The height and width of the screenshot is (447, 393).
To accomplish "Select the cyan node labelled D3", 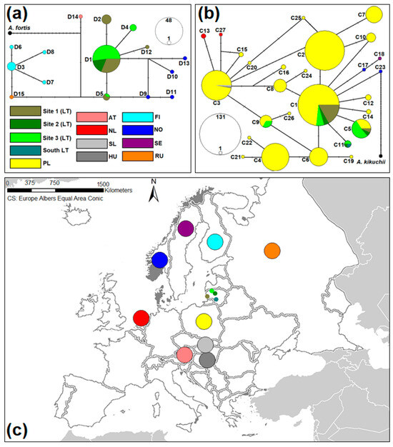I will [x=11, y=66].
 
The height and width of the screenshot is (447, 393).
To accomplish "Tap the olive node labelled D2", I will [x=106, y=20].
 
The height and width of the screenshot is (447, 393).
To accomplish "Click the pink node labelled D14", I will [x=81, y=16].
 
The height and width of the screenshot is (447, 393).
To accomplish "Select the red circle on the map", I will [x=141, y=318].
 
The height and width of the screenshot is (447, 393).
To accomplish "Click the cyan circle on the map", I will [x=214, y=242].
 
